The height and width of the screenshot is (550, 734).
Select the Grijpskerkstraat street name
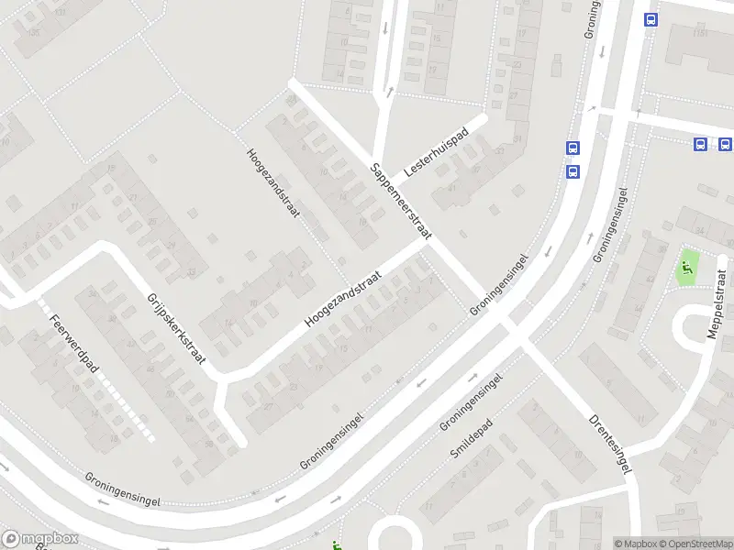tap(175, 328)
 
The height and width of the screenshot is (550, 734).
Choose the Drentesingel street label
tap(609, 444)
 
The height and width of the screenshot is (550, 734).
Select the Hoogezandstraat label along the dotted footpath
tap(273, 185)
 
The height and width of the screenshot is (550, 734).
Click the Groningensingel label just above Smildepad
tap(471, 401)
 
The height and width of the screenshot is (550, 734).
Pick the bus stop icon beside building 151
tap(651, 20)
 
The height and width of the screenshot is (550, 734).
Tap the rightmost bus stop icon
tap(725, 143)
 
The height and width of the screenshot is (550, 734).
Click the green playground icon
tap(685, 269)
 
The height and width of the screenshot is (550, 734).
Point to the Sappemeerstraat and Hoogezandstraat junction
tap(427, 241)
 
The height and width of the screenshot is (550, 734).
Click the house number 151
tap(702, 33)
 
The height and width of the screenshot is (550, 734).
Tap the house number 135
tap(35, 33)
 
